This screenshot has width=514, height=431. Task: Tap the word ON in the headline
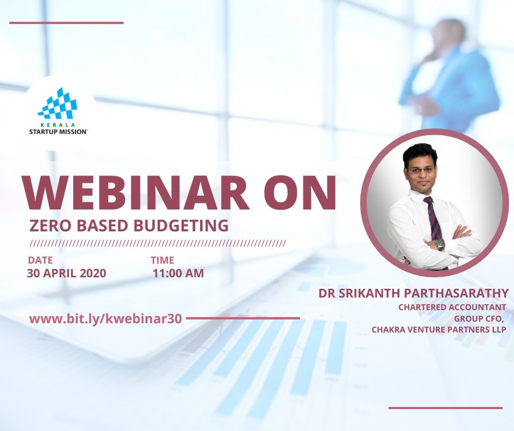click(300, 194)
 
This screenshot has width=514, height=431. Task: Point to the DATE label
click(40, 260)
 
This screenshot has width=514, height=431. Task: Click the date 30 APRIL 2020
click(67, 273)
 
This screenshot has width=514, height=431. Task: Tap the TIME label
click(162, 260)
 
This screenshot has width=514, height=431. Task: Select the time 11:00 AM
click(178, 273)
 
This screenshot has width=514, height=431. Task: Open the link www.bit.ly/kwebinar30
click(106, 319)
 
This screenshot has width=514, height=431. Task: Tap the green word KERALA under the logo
click(58, 125)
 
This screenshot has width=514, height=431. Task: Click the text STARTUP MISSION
click(59, 131)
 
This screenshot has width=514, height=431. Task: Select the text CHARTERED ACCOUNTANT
click(452, 307)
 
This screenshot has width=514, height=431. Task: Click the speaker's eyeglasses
click(421, 170)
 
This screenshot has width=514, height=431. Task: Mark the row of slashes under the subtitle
click(157, 243)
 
